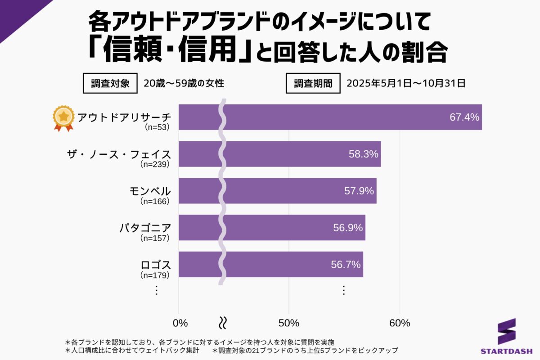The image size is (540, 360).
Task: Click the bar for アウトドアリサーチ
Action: tap(330, 117)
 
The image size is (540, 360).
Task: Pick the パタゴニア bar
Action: tap(272, 227)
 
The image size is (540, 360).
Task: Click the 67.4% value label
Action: tap(464, 117)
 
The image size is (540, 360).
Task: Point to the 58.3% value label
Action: tap(363, 154)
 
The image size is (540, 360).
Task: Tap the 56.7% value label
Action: tap(346, 265)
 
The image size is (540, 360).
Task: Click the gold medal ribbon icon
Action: tap(63, 118)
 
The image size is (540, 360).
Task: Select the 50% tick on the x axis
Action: tap(289, 323)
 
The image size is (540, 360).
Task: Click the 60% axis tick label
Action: tap(400, 323)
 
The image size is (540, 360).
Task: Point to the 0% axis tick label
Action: tap(180, 323)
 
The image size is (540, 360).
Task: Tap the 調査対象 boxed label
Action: tap(110, 83)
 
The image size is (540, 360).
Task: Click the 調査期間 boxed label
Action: tap(313, 83)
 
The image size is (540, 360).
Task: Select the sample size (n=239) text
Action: tap(155, 164)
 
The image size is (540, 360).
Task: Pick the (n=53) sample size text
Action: tap(157, 127)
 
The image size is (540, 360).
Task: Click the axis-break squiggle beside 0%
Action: tap(222, 323)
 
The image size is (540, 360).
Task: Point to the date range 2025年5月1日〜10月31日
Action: tap(405, 83)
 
